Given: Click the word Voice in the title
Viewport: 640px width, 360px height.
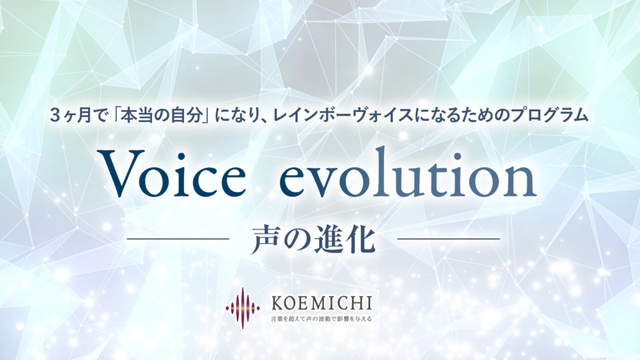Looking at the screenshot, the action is pyautogui.click(x=174, y=173).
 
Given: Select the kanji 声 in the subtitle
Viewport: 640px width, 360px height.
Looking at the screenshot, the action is pyautogui.click(x=266, y=238).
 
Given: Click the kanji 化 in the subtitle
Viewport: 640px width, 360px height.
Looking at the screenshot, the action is pyautogui.click(x=361, y=238).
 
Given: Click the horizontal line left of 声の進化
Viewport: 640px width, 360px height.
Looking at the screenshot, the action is pyautogui.click(x=178, y=239).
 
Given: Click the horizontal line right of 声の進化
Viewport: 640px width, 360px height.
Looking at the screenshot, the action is pyautogui.click(x=449, y=239).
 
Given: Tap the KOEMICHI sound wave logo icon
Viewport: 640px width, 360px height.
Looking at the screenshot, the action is pyautogui.click(x=243, y=307).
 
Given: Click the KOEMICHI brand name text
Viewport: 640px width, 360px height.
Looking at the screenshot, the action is pyautogui.click(x=322, y=303).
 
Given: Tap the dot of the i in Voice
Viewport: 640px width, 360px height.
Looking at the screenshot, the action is pyautogui.click(x=188, y=156).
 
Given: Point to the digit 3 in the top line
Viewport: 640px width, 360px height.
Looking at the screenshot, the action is pyautogui.click(x=54, y=116).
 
